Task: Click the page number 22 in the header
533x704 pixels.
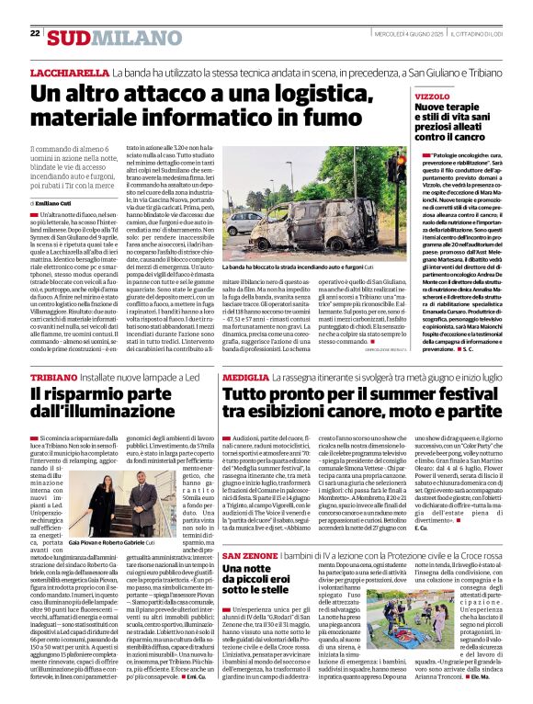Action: coord(34,33)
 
